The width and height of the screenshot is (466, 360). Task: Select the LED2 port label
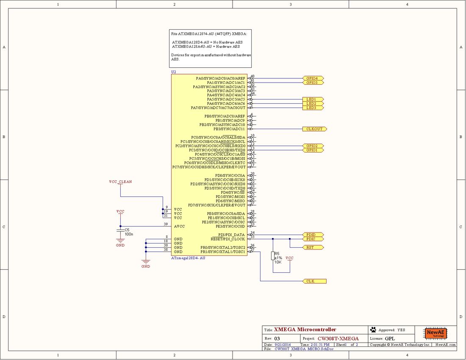[x=313, y=104]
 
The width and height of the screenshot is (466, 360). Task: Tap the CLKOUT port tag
[x=314, y=129]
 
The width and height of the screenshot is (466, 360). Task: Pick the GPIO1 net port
[x=313, y=150]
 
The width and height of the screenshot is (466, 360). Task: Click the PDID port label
[x=313, y=235]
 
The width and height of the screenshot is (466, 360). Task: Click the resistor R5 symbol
[x=273, y=256]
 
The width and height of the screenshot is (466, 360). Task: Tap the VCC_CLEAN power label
[x=120, y=182]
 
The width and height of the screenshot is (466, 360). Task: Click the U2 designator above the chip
[x=174, y=72]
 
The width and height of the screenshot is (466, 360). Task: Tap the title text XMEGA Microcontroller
[x=305, y=330]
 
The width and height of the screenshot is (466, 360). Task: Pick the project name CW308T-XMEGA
[x=338, y=338]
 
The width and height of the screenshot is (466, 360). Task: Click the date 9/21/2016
[x=283, y=345]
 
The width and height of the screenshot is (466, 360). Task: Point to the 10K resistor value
[x=278, y=262]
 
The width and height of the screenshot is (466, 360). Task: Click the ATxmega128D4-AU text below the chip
[x=189, y=258]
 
